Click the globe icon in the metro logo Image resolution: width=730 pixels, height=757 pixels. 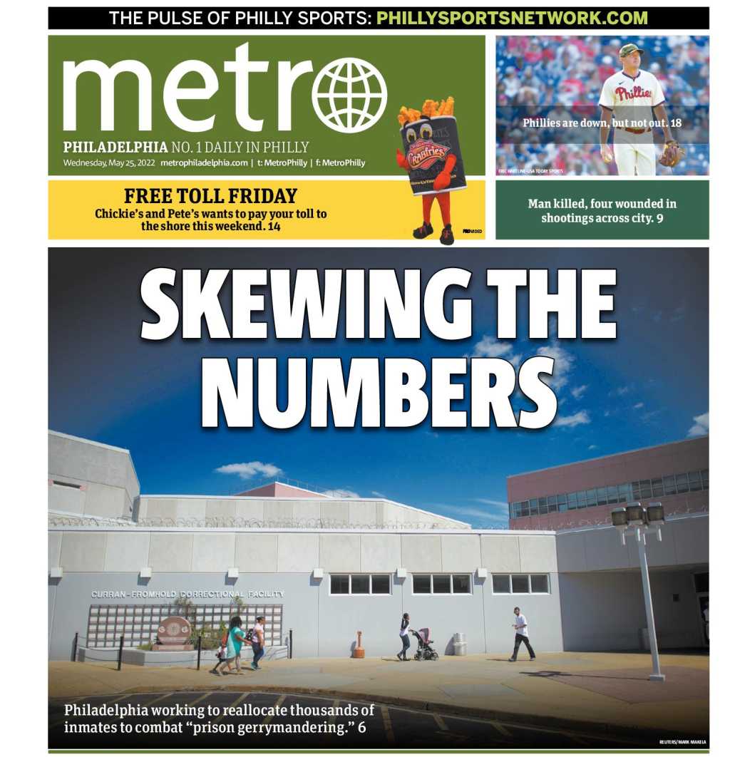pyautogui.click(x=349, y=95)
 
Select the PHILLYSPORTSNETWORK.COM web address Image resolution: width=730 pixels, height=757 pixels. pyautogui.click(x=512, y=19)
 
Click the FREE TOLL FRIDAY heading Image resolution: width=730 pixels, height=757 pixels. pyautogui.click(x=210, y=196)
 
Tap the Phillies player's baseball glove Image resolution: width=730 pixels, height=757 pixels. pyautogui.click(x=671, y=154)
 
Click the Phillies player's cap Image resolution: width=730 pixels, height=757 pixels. pyautogui.click(x=630, y=50)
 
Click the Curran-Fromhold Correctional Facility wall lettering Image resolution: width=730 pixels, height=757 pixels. pyautogui.click(x=187, y=594)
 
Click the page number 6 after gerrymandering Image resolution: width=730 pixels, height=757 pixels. pyautogui.click(x=361, y=728)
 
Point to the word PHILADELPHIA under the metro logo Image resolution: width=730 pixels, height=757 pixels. pyautogui.click(x=115, y=148)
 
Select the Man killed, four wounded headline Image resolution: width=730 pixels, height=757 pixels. pyautogui.click(x=602, y=210)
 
